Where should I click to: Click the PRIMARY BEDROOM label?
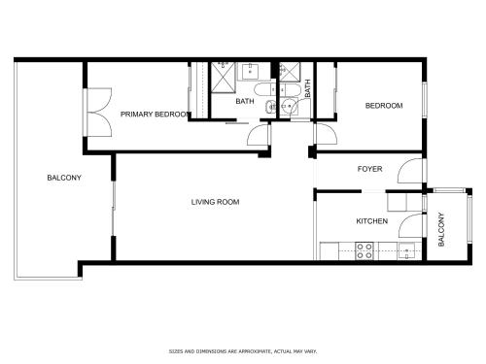(x=155, y=115)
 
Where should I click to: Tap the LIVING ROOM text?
(x=215, y=202)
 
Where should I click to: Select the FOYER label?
(x=369, y=169)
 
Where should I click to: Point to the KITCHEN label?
(x=372, y=221)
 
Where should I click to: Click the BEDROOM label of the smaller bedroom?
(x=384, y=106)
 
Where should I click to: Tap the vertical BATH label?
(x=307, y=88)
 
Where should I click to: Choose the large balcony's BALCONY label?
(x=64, y=178)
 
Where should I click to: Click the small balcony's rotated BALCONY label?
(x=441, y=229)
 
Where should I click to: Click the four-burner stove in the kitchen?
(x=364, y=250)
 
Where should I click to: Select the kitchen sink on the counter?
(x=406, y=251)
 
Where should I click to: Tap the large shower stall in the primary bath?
(x=224, y=78)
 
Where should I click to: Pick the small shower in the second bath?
(x=290, y=72)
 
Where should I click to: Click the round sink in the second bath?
(x=288, y=106)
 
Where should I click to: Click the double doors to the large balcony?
(x=99, y=112)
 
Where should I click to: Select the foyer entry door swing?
(x=410, y=171)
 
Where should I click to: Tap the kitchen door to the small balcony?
(x=411, y=226)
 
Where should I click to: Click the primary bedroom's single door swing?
(x=259, y=135)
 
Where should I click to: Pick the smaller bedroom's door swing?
(x=327, y=134)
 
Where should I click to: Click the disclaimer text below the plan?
(x=243, y=351)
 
